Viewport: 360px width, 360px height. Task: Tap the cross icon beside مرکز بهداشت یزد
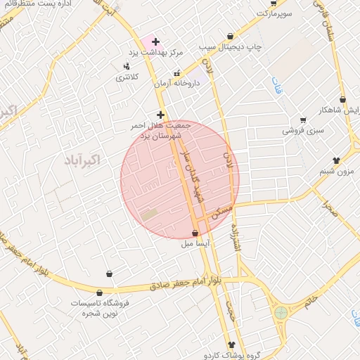(x=155, y=42)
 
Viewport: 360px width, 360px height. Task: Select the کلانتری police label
(x=127, y=76)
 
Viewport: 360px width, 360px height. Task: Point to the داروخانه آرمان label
(x=177, y=83)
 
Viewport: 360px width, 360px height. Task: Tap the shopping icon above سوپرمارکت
(x=273, y=4)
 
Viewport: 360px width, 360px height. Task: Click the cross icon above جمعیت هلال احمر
(x=161, y=114)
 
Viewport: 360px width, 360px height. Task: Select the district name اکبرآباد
(x=82, y=160)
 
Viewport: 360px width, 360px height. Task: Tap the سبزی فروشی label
(x=303, y=130)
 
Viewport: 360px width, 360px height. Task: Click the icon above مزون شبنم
(x=336, y=160)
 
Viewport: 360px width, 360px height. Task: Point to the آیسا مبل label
(x=194, y=243)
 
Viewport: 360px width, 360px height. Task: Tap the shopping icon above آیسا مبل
(x=195, y=233)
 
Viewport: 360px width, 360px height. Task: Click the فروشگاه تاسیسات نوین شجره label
(x=98, y=307)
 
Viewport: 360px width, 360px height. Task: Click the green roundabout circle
(x=281, y=311)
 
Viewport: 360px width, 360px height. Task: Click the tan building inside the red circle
(x=150, y=214)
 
